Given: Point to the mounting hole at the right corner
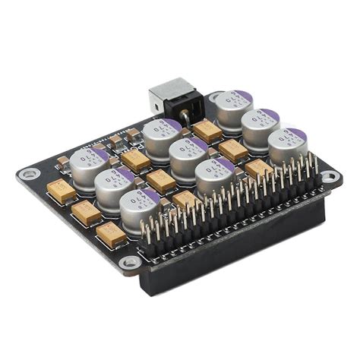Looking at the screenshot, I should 330,177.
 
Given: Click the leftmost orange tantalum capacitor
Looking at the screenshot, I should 61,190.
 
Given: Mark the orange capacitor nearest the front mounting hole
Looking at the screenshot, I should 111,235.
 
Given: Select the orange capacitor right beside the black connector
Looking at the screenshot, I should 207,131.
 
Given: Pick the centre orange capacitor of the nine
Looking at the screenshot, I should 161,181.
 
